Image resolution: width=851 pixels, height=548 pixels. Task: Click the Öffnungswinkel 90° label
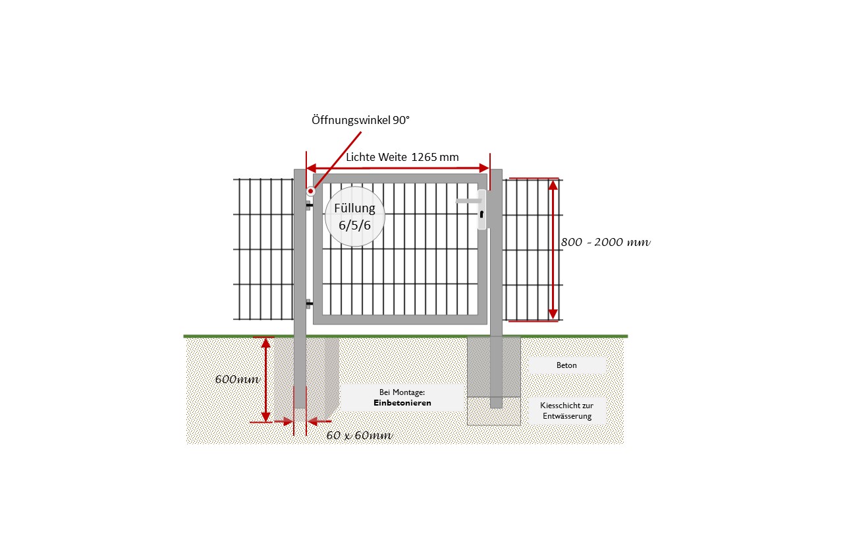click(360, 120)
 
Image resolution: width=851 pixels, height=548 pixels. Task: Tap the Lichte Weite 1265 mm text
click(402, 157)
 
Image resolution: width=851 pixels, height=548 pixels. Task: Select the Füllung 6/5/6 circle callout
click(355, 216)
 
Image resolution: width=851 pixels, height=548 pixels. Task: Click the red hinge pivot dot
click(311, 191)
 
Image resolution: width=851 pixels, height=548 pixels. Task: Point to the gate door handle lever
click(468, 200)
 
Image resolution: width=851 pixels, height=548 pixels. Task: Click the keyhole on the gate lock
click(481, 214)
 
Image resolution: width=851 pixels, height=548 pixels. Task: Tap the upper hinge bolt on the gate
click(310, 205)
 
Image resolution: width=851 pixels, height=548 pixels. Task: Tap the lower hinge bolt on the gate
click(310, 303)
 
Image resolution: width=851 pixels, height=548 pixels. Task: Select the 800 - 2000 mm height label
click(605, 242)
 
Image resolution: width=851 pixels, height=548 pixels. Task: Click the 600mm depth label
click(237, 379)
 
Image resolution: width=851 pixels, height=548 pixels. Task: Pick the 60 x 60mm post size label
click(360, 435)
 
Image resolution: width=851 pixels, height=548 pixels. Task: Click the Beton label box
click(566, 365)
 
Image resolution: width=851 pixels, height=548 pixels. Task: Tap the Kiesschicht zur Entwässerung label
click(567, 411)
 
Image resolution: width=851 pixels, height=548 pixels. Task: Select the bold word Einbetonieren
click(402, 403)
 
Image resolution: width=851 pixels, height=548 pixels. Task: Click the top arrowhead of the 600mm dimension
click(265, 343)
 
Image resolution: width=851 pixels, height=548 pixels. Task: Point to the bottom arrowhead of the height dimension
click(553, 314)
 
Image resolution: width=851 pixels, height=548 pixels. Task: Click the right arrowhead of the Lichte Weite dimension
click(484, 168)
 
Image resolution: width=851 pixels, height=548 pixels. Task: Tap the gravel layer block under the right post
click(494, 411)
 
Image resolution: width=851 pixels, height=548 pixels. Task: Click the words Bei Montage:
click(402, 392)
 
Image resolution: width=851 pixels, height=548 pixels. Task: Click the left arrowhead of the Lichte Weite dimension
click(312, 168)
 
